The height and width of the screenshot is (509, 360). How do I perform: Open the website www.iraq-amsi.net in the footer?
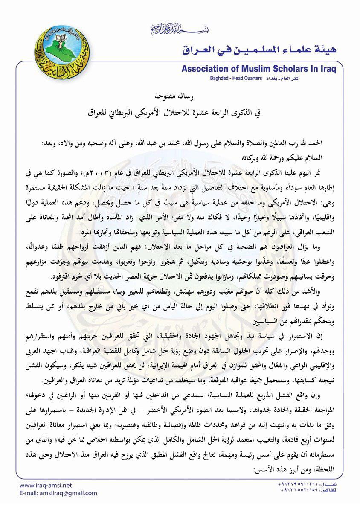(x=46, y=485)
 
